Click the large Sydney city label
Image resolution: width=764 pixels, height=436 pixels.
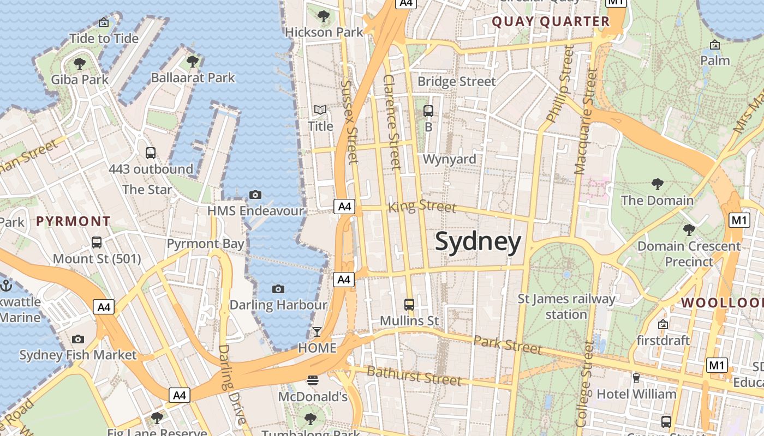tap(478, 242)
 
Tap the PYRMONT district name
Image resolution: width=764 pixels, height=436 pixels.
tap(73, 221)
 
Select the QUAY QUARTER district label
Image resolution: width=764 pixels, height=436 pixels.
tap(551, 22)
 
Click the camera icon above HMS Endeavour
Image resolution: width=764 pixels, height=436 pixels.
tap(255, 195)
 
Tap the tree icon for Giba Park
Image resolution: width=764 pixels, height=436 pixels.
tap(80, 64)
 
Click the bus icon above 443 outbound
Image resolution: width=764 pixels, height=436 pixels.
tap(151, 153)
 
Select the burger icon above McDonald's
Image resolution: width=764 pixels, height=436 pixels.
tap(313, 380)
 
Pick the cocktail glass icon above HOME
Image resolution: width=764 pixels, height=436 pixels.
tap(317, 331)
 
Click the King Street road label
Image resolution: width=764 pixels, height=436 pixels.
tap(422, 207)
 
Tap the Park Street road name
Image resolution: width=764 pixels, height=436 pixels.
tap(508, 344)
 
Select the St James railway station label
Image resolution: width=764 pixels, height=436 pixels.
tap(566, 306)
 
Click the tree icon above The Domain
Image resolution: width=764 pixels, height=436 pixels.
tap(657, 184)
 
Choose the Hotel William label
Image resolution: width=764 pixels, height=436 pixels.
tap(636, 393)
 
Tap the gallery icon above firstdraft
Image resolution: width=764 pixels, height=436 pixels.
tap(663, 325)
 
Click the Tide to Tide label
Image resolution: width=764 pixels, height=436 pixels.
tap(104, 39)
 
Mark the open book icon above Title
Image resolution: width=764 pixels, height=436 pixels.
tap(320, 110)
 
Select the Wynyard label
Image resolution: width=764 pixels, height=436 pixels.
tap(450, 159)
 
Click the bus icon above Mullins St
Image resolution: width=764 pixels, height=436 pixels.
tap(409, 304)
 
